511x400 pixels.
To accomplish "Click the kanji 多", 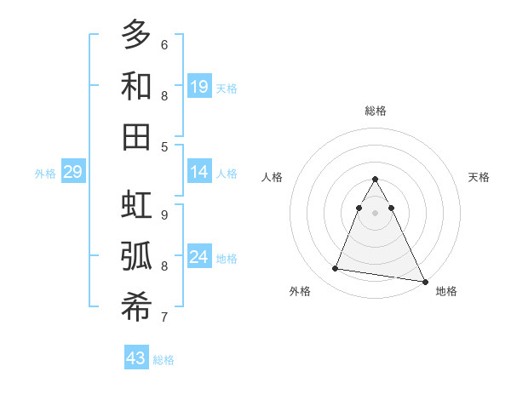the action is tap(136, 36).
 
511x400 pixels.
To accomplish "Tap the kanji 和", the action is tap(136, 86).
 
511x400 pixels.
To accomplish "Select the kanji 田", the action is tap(136, 137).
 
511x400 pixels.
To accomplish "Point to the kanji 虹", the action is tap(136, 206).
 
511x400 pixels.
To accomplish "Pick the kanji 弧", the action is tap(136, 256).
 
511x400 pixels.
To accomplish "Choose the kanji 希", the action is tap(136, 307).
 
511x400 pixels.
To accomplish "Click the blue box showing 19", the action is tap(199, 87).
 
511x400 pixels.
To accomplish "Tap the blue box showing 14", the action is tap(199, 173).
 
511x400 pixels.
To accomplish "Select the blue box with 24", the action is tap(199, 257).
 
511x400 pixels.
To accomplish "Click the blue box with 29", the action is tap(72, 173).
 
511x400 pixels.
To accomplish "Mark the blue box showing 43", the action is tap(136, 358).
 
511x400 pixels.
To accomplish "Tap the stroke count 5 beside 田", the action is tap(164, 146).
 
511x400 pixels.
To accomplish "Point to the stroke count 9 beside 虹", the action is tap(164, 214).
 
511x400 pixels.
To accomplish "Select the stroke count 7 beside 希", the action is tap(164, 317).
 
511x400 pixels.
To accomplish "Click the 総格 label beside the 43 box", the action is tap(164, 360).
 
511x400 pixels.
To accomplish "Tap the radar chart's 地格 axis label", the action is tap(446, 291).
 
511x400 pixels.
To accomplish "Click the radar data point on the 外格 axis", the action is tap(335, 269).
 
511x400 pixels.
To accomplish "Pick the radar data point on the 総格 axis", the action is tap(375, 180).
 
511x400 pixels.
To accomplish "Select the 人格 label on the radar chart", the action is tap(273, 177).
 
